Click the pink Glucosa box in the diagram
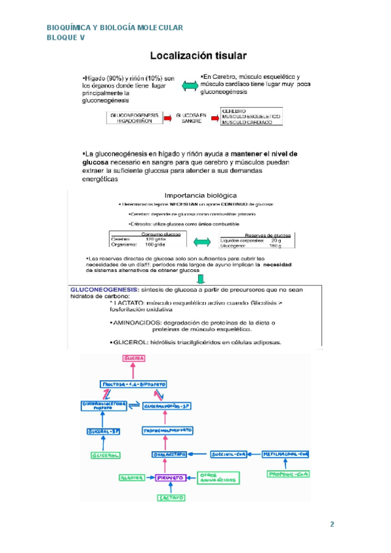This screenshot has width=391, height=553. (x=133, y=359)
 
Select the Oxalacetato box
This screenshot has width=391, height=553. (x=169, y=453)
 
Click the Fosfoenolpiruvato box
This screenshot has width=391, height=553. (x=167, y=431)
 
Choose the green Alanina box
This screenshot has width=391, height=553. (x=130, y=477)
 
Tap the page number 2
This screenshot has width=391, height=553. (x=332, y=524)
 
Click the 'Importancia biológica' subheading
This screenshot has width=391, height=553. (x=200, y=194)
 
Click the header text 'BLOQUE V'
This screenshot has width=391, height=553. (x=66, y=38)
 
